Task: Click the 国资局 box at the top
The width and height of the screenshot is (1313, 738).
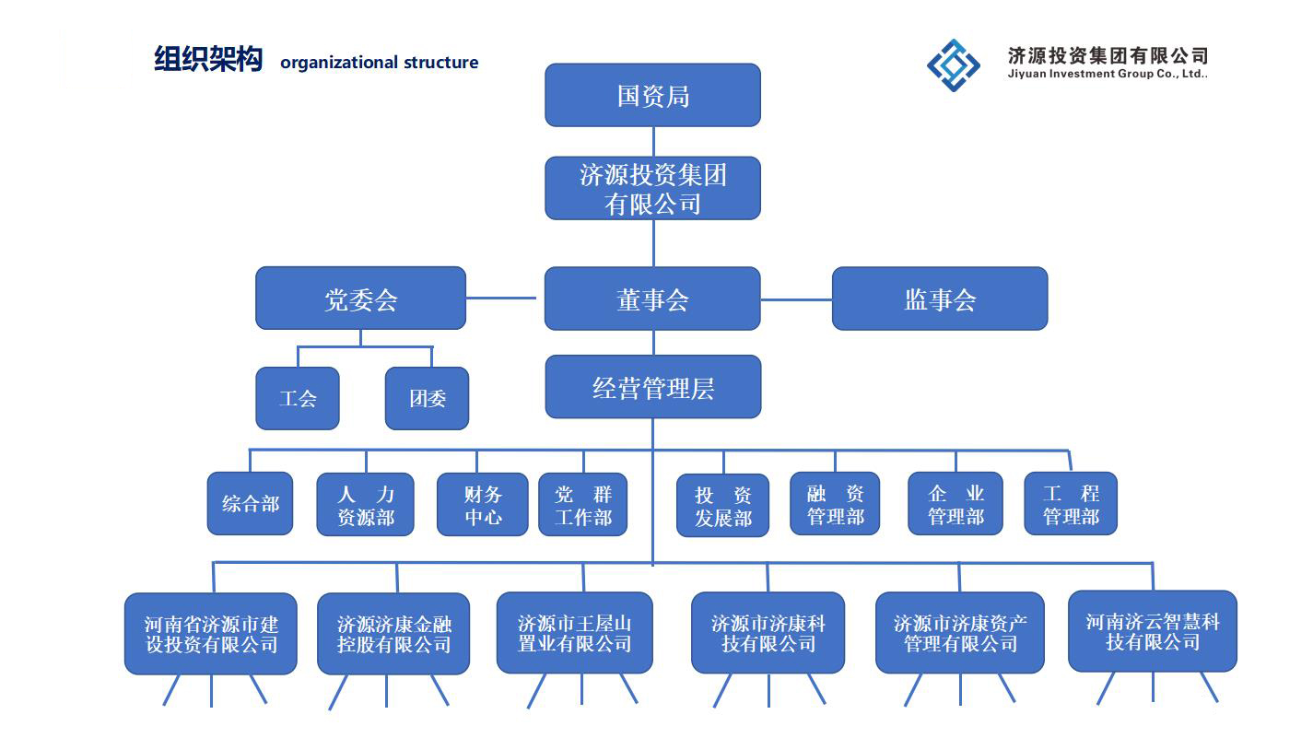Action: click(652, 95)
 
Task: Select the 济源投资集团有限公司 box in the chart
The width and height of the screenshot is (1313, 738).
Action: click(652, 188)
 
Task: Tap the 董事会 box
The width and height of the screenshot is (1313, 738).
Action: click(652, 299)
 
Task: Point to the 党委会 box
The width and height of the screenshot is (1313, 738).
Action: click(360, 299)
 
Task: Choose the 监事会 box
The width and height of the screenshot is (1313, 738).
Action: click(939, 299)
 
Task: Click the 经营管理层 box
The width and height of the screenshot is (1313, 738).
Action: click(652, 387)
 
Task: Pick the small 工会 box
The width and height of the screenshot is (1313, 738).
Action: click(298, 398)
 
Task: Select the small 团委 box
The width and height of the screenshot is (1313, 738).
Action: click(427, 398)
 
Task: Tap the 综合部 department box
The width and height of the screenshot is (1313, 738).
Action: click(250, 503)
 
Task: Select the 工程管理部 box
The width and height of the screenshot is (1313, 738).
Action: click(1070, 504)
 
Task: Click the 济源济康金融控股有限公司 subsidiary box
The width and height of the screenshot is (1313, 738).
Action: click(393, 634)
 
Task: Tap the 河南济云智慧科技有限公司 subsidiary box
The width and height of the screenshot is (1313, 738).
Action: click(1152, 631)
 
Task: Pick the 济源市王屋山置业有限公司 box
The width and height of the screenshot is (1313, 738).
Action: click(574, 633)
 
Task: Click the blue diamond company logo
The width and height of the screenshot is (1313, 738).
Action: click(954, 64)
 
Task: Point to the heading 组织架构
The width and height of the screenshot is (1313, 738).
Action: click(208, 60)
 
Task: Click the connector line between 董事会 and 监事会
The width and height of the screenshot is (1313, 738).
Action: click(796, 299)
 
